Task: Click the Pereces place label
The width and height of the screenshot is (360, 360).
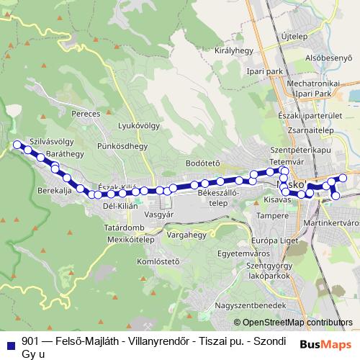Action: (86, 114)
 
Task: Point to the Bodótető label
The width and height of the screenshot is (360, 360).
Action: (202, 163)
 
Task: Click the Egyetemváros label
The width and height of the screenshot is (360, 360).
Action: (240, 253)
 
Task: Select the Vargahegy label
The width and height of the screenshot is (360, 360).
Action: (186, 235)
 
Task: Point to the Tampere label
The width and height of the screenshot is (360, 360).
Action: (272, 216)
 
